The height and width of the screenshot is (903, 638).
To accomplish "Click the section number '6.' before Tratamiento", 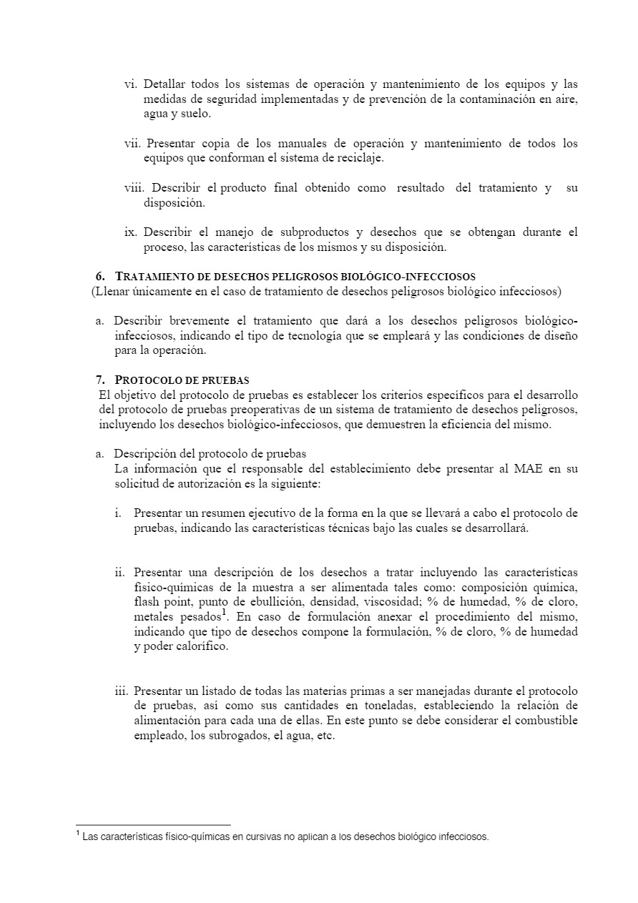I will click(101, 276).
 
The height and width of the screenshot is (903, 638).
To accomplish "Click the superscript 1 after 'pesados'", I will click(224, 613).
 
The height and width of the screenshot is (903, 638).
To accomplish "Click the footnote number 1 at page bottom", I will click(77, 834).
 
